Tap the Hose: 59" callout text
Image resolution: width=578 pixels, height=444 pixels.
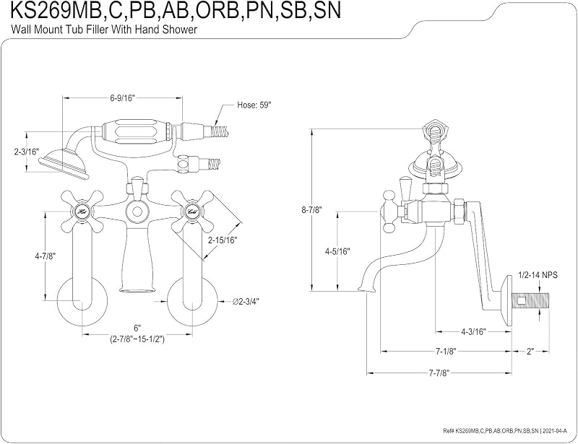pos(254,105)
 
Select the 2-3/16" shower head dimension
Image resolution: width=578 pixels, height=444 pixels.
pos(26,152)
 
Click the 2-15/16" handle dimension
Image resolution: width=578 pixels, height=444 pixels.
pos(223,240)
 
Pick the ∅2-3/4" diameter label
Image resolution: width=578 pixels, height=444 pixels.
pos(246,301)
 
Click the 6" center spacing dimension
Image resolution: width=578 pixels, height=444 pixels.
pos(137,328)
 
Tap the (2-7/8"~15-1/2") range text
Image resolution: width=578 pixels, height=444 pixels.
pos(137,339)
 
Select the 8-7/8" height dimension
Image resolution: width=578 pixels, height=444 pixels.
pos(312,210)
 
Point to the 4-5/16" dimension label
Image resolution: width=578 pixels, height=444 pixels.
pos(337,252)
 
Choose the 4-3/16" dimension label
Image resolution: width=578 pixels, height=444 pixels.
pos(474,331)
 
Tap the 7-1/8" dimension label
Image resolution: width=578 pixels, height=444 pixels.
pos(446,351)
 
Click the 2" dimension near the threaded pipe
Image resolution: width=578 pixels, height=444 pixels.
pos(530,351)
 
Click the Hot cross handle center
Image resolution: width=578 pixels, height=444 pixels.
pos(82,212)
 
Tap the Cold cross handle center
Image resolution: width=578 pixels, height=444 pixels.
pos(192,212)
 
